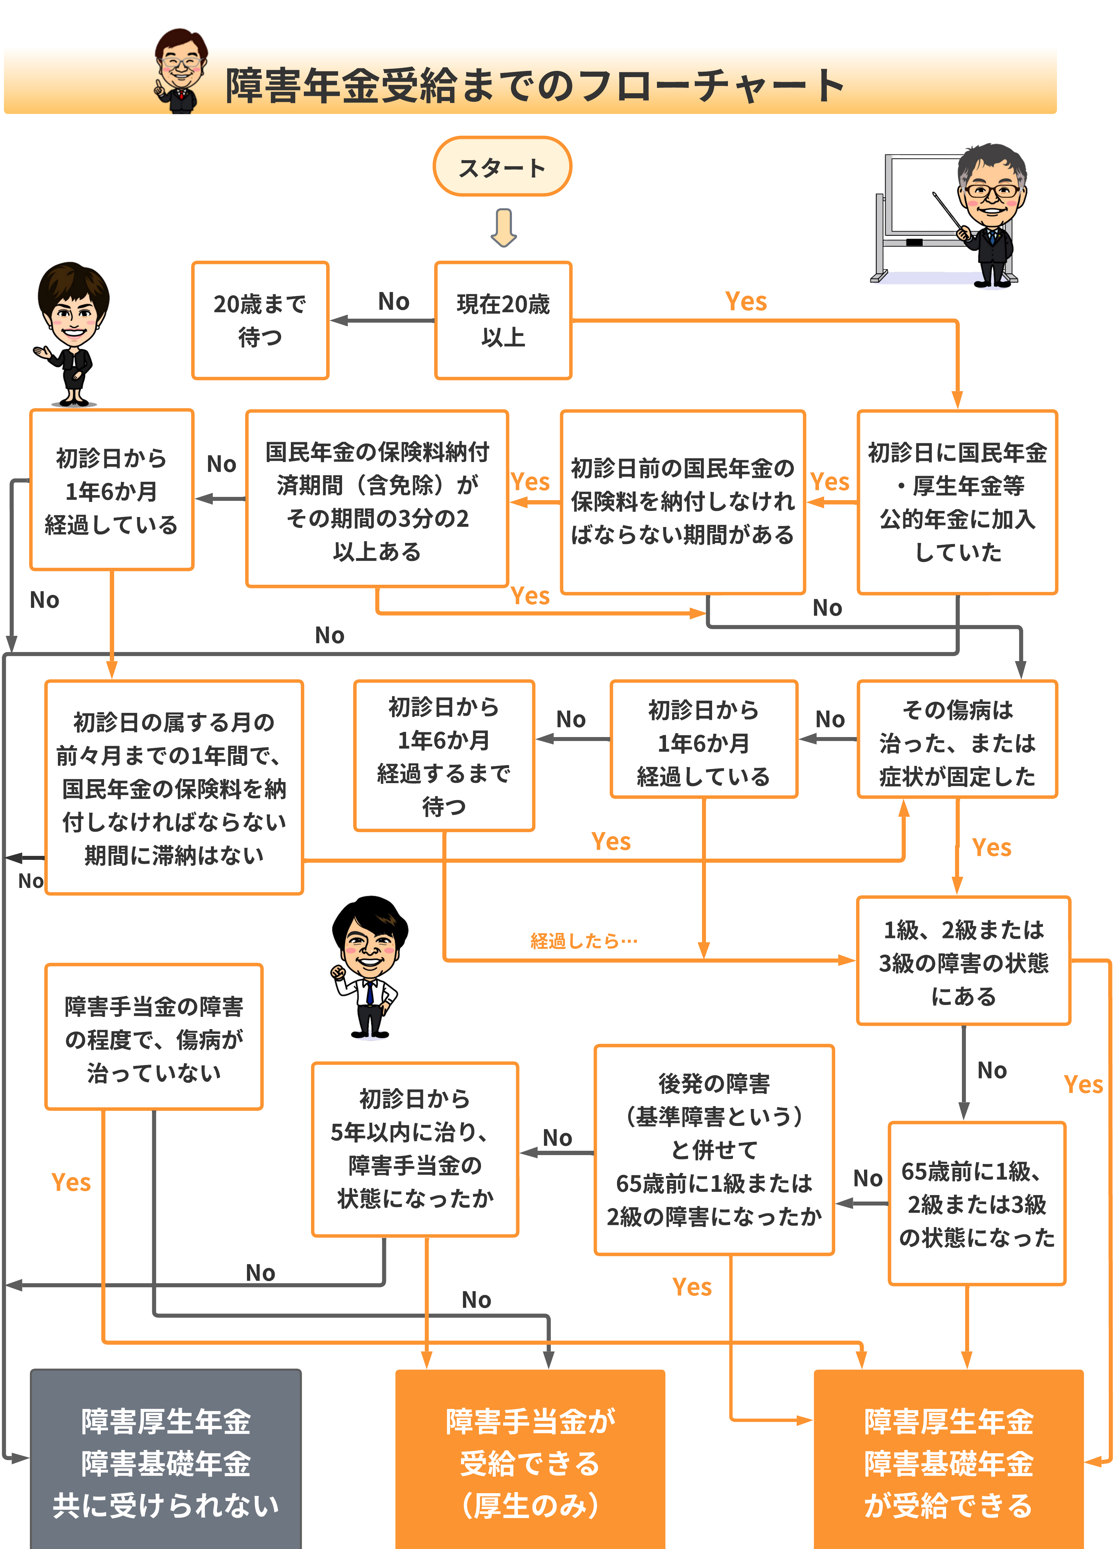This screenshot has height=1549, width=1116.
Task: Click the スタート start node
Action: coord(502,167)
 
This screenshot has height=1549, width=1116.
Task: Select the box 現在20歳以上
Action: coord(503,320)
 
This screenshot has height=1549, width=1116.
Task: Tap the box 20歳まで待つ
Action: coord(260,320)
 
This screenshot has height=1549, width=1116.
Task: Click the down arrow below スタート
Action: coord(503,228)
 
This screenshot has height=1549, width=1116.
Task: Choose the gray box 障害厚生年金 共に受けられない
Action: coord(165,1462)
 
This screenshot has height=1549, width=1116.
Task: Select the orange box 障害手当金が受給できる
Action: coord(530,1462)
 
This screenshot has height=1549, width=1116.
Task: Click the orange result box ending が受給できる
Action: coord(948,1462)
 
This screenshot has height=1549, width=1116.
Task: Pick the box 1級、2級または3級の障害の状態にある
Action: coord(963,961)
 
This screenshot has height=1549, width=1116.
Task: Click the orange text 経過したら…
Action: coord(584,941)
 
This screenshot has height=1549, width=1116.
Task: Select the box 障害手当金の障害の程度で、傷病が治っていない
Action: coord(154,1037)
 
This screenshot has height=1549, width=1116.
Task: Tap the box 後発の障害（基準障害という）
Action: coord(714,1149)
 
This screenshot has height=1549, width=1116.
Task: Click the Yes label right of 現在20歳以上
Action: coord(746,301)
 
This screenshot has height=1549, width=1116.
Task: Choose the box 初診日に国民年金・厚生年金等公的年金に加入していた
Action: coord(957,502)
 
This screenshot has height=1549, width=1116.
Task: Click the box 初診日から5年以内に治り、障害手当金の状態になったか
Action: coord(415,1149)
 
